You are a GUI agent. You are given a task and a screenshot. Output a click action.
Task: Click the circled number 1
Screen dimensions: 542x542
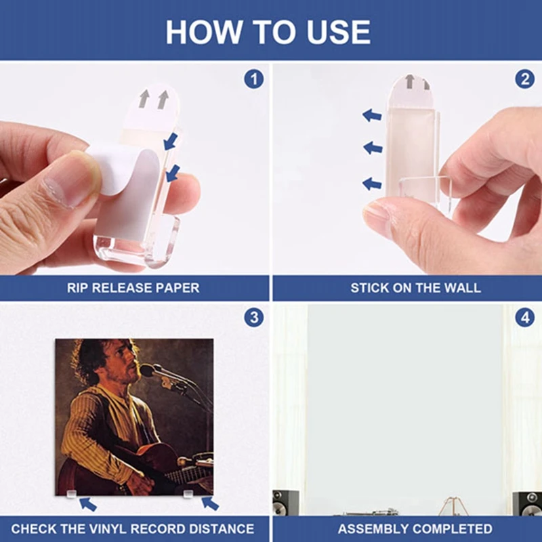click(253, 79)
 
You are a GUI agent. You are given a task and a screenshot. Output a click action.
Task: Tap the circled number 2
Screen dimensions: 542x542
click(524, 79)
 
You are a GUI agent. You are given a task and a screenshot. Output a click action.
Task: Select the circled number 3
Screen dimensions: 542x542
click(253, 317)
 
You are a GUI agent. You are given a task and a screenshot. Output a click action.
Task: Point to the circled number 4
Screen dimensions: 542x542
click(524, 317)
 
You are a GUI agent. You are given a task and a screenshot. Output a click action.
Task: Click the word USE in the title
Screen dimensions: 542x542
click(338, 32)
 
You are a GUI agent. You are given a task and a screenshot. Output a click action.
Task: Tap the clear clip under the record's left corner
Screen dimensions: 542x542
click(71, 493)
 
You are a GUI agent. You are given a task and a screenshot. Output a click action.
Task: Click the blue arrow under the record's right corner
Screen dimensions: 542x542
click(210, 503)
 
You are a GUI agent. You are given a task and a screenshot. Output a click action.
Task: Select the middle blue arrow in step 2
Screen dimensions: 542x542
click(373, 148)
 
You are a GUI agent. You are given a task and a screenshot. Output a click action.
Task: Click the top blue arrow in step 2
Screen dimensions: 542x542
click(372, 115)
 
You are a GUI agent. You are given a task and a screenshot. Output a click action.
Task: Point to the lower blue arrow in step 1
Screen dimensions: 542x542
click(173, 173)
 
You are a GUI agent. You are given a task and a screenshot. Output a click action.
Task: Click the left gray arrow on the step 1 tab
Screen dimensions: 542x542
click(144, 98)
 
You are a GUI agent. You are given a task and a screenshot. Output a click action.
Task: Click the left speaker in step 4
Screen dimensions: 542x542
click(285, 503)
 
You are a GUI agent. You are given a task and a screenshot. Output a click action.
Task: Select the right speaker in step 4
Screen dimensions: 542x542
click(527, 503)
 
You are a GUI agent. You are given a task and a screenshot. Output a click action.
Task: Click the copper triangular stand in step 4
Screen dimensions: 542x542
click(453, 505)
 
